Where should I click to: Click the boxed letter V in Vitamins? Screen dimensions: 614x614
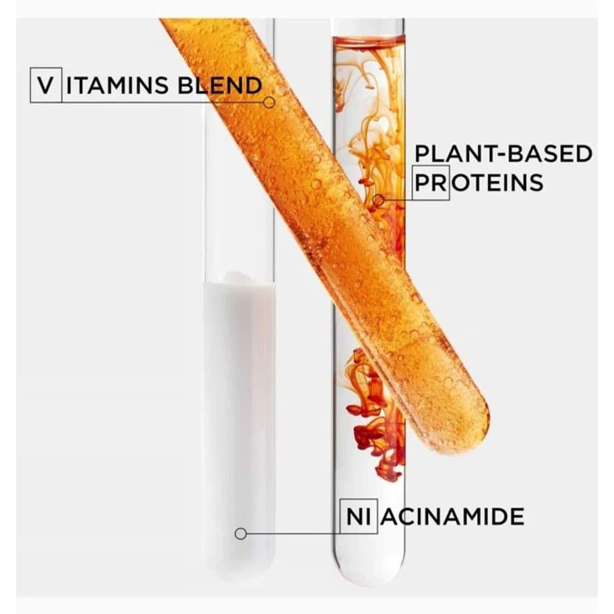[x=45, y=85]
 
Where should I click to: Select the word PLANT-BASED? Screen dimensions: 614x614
[x=504, y=153]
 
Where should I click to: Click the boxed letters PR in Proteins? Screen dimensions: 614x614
[x=431, y=182]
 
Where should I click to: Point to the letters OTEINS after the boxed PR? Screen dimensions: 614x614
[x=497, y=182]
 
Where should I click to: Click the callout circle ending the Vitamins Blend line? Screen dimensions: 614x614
[x=269, y=103]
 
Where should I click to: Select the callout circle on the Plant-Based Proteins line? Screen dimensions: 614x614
[x=379, y=200]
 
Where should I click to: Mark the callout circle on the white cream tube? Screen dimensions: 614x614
[x=241, y=534]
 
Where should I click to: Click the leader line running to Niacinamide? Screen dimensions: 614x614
[x=295, y=534]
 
